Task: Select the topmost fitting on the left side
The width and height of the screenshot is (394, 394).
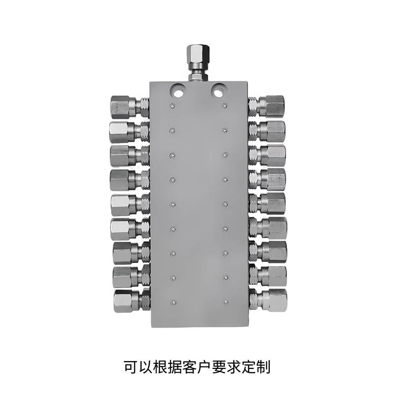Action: (x=130, y=107)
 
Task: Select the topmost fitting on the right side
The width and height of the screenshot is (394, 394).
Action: (x=266, y=106)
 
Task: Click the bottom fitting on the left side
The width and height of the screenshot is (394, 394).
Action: (x=132, y=301)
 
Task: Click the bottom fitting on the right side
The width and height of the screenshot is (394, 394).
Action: (x=268, y=300)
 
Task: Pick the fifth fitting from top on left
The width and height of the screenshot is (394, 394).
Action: (x=131, y=204)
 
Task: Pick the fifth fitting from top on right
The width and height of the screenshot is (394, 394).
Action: (x=267, y=203)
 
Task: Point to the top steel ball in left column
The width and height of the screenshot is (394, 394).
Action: (x=172, y=106)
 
